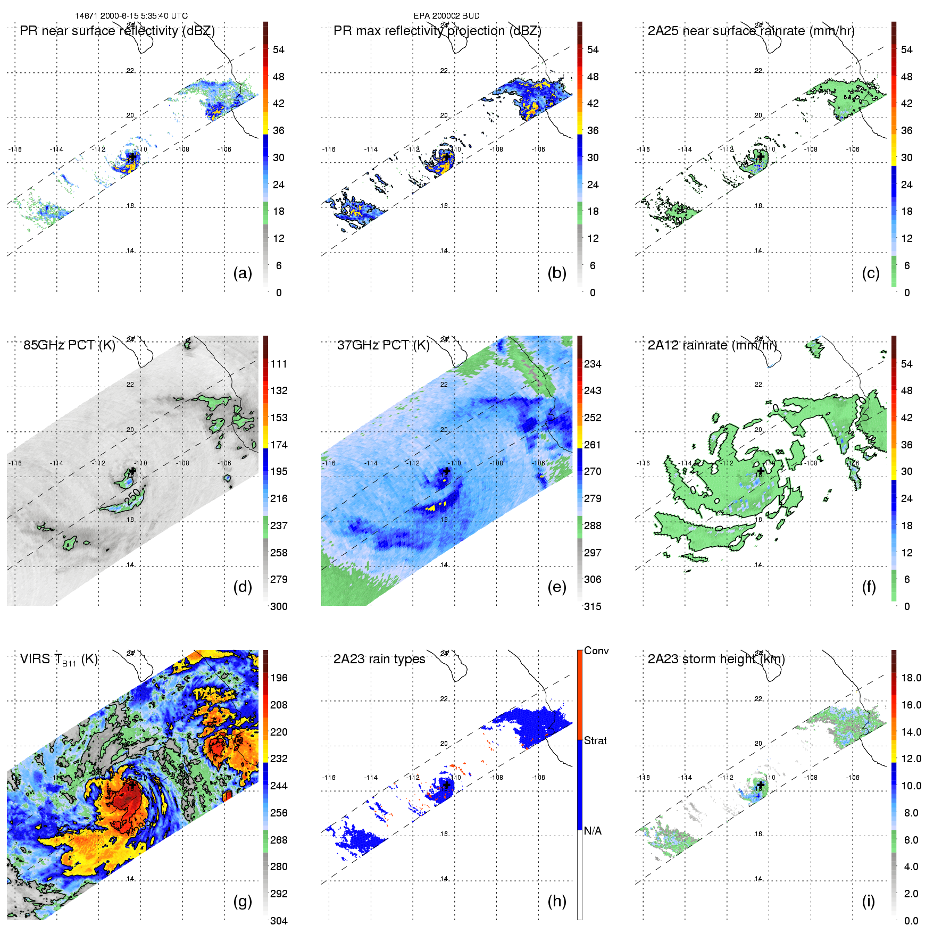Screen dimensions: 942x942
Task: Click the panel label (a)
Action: (x=242, y=273)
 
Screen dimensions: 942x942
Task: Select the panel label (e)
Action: (x=556, y=587)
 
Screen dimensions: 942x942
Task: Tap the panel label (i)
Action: (x=869, y=901)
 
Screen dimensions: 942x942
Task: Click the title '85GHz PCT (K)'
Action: (x=69, y=345)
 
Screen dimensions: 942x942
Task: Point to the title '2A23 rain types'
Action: (x=379, y=659)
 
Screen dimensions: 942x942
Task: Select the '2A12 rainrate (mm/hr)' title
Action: (x=712, y=345)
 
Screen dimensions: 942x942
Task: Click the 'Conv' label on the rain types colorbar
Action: (x=596, y=651)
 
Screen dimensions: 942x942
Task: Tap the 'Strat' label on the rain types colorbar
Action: (x=595, y=741)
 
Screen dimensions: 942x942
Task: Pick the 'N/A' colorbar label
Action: (x=593, y=831)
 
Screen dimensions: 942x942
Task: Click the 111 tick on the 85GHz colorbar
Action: (x=279, y=364)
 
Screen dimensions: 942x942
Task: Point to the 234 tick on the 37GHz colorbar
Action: (x=593, y=364)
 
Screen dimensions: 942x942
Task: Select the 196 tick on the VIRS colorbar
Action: (x=279, y=678)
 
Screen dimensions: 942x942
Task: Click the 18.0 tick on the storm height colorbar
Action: (x=911, y=678)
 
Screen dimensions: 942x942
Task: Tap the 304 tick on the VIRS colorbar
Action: (x=279, y=921)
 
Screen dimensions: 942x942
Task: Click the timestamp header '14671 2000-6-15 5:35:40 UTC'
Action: (x=131, y=16)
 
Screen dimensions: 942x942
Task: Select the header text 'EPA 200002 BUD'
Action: (x=446, y=16)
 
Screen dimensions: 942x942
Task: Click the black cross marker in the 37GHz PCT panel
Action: (x=447, y=471)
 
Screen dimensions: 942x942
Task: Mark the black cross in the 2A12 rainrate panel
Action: (x=761, y=471)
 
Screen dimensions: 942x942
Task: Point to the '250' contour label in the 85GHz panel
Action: (x=134, y=497)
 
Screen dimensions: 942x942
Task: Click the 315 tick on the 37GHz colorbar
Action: (x=593, y=607)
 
